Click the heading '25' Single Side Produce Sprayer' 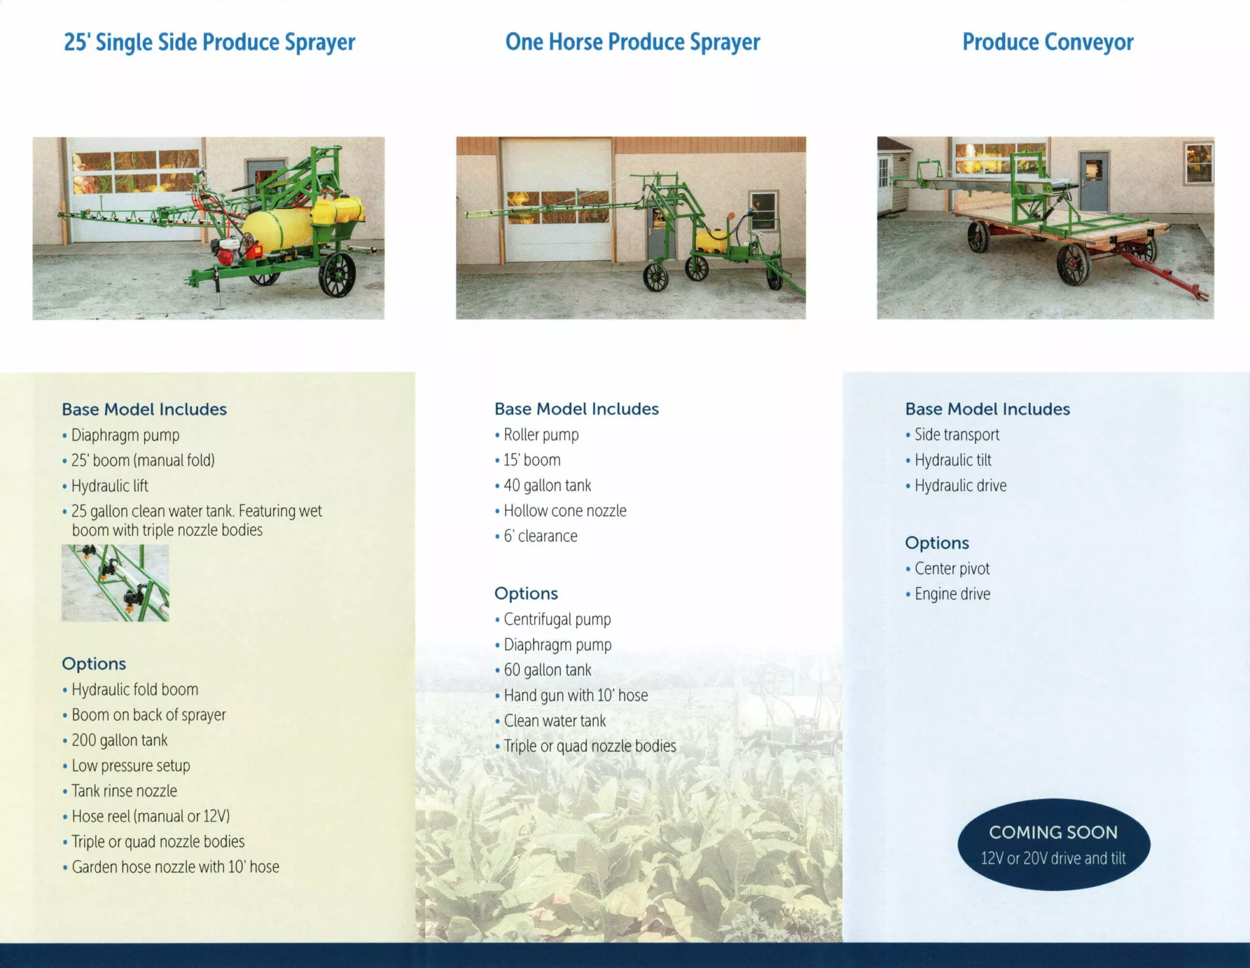(x=209, y=43)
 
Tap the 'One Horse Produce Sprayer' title (x=632, y=42)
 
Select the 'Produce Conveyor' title (x=1048, y=42)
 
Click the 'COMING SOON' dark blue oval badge (x=1053, y=844)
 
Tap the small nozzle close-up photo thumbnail (x=115, y=583)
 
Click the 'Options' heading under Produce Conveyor (x=937, y=543)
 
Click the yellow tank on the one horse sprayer (x=712, y=241)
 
